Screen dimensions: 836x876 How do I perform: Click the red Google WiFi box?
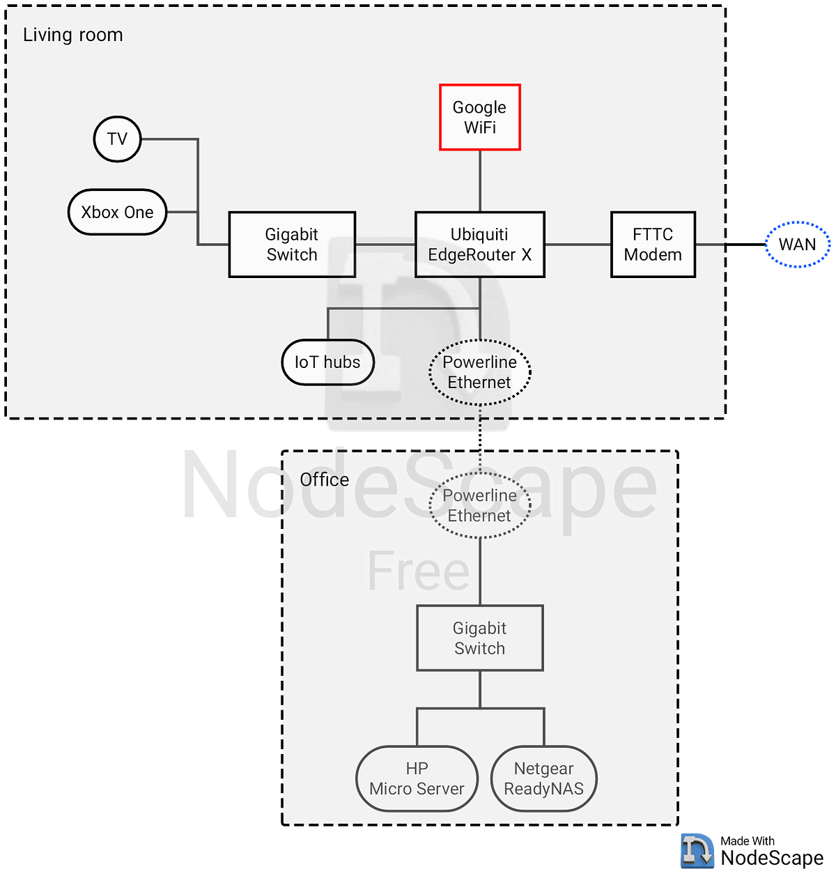[x=479, y=117]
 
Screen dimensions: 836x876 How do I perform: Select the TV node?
[x=117, y=139]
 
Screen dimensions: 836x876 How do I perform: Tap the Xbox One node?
[x=117, y=212]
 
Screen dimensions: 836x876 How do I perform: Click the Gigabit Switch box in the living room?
[x=292, y=245]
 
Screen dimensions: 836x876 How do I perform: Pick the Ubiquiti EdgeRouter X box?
[x=479, y=245]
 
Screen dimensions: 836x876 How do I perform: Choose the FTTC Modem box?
[x=652, y=245]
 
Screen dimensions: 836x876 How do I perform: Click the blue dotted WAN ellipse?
[x=797, y=245]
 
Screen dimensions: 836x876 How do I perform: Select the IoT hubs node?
[x=327, y=362]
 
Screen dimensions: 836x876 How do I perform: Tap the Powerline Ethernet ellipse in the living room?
[x=479, y=372]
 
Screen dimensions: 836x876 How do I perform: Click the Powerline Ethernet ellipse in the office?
[x=479, y=505]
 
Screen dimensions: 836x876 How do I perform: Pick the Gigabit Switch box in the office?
[x=479, y=638]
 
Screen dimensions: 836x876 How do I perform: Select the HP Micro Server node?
[x=417, y=778]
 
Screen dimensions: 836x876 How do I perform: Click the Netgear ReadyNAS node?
[x=543, y=778]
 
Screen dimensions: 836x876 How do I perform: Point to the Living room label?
[x=73, y=35]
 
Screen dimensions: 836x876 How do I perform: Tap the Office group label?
[x=324, y=479]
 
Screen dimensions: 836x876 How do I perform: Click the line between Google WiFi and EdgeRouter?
[x=479, y=181]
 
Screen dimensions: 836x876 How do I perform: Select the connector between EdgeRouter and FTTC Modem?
[x=578, y=245]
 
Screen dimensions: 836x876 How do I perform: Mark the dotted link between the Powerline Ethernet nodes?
[x=479, y=439]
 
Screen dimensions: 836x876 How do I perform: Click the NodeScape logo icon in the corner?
[x=697, y=850]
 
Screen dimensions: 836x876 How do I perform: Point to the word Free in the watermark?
[x=419, y=570]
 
